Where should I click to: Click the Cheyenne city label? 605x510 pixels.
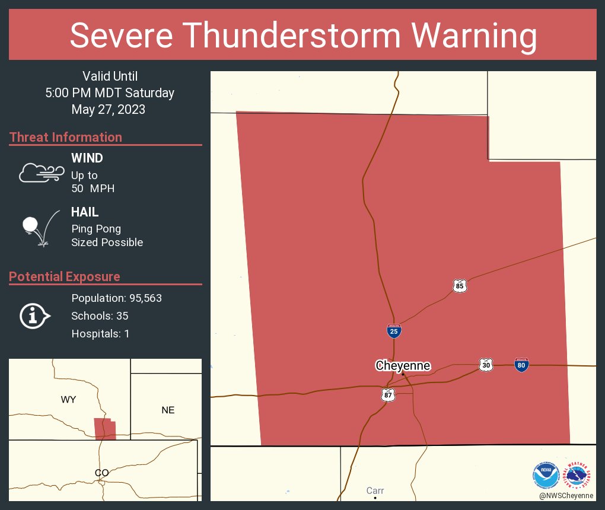403,365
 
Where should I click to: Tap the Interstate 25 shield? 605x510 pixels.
394,331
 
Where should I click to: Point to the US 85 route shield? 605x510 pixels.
460,286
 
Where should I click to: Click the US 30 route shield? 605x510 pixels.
486,365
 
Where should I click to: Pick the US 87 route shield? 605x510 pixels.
388,395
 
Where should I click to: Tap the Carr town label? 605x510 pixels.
375,490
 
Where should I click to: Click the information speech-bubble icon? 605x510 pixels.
35,315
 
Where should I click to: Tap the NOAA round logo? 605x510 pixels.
546,476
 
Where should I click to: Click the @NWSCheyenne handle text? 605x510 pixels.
566,495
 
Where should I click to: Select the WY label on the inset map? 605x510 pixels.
68,400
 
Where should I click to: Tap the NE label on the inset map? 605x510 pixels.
168,410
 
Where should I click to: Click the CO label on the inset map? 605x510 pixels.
101,473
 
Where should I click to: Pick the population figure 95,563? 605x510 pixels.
142,298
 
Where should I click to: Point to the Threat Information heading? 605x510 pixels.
66,137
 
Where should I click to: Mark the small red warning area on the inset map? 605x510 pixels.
105,429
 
